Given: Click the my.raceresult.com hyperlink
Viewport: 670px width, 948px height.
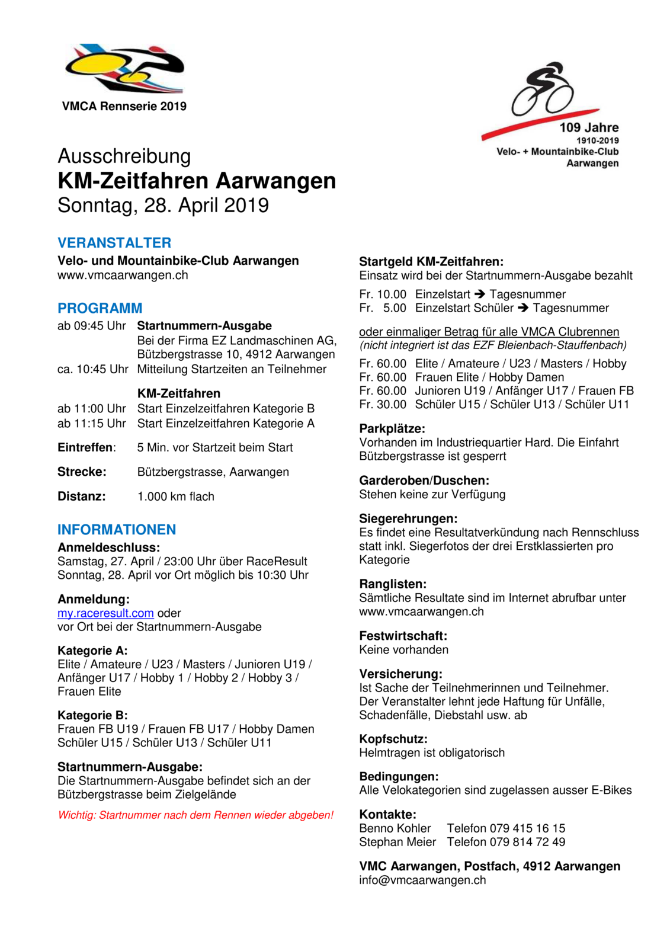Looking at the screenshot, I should coord(105,613).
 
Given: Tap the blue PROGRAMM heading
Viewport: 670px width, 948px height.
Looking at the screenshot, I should coord(100,308).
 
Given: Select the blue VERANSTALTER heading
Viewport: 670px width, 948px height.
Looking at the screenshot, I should coord(114,243).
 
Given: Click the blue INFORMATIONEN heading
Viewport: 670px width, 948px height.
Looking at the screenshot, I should coord(117,530).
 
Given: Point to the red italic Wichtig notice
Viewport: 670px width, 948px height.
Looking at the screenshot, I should coord(195,815).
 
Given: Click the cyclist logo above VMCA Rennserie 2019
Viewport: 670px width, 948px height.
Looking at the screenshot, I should coord(124,68).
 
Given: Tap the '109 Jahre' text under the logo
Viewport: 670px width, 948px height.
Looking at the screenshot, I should coord(589,127).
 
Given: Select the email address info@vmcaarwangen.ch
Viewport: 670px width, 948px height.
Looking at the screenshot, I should coord(422,880).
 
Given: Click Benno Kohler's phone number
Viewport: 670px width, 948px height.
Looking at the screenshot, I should coord(506,828).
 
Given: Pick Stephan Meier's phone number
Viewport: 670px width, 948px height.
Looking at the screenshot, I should coord(506,842).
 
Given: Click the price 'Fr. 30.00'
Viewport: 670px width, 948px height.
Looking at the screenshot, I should coord(383,405).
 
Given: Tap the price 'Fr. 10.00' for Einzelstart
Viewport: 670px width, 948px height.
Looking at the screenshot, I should coord(383,294).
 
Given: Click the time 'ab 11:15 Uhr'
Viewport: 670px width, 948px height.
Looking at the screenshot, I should coord(92,424).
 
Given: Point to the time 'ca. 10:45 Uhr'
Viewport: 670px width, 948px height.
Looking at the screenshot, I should coord(93,369).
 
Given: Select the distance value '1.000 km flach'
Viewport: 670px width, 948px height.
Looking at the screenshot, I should coord(176,497).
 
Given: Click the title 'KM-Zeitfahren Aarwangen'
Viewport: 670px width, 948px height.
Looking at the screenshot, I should coord(197,181).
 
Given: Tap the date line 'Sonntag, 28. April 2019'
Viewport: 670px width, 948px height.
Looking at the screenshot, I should coord(163,206).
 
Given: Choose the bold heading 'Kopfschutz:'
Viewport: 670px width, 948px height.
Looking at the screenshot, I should coord(393,739).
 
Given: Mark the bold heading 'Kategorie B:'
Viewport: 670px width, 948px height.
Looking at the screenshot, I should coord(92,715).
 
